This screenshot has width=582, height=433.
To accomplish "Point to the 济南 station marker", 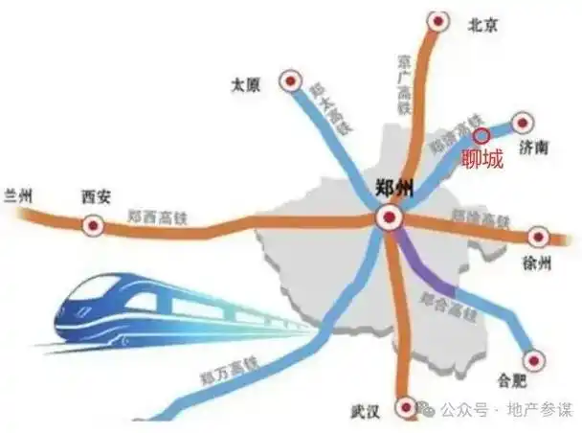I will click(x=522, y=123).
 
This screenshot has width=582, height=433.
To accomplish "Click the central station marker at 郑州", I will click(x=389, y=218).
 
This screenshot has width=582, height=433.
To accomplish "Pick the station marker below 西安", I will click(x=93, y=225).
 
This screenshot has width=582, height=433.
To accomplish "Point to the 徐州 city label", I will click(x=540, y=262).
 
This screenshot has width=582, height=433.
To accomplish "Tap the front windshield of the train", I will click(x=97, y=288).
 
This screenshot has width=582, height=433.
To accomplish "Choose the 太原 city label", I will click(x=246, y=83).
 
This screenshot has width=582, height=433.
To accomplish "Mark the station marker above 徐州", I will click(x=538, y=236).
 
